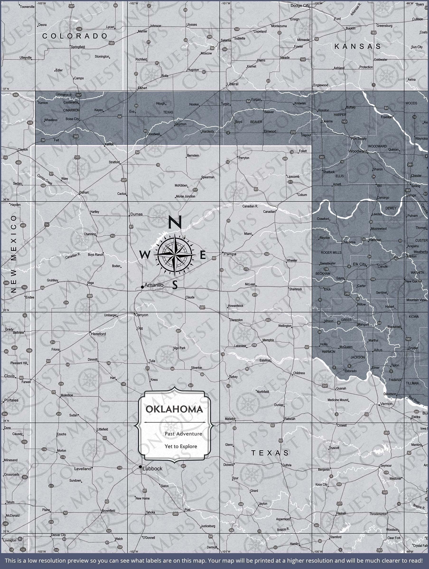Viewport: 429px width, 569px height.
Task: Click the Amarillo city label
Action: coord(154,285)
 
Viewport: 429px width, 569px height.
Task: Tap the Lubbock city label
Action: coord(152,469)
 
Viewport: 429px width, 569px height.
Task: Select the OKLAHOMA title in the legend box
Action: coord(174,409)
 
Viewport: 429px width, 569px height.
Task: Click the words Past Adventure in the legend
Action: coord(183,434)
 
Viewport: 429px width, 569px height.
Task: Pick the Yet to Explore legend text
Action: coord(181,446)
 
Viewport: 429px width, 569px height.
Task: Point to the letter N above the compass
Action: coord(175,222)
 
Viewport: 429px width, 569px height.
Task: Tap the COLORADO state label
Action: coord(75,36)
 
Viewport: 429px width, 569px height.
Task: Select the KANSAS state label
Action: coord(357,46)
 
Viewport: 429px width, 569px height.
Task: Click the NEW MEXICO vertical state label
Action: coord(14,254)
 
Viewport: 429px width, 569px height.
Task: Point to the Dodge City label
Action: coord(300,6)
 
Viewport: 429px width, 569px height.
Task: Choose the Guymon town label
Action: coord(181,124)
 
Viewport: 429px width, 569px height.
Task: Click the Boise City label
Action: coord(72,119)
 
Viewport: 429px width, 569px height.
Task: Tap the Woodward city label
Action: coord(358,151)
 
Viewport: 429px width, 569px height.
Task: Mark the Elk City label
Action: coord(359,264)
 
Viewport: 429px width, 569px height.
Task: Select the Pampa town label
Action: coord(230,254)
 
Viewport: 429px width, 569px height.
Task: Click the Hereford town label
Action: coord(98,334)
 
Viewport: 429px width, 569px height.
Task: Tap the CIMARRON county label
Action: coord(71,110)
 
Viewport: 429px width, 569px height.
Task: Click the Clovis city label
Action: coord(9,376)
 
